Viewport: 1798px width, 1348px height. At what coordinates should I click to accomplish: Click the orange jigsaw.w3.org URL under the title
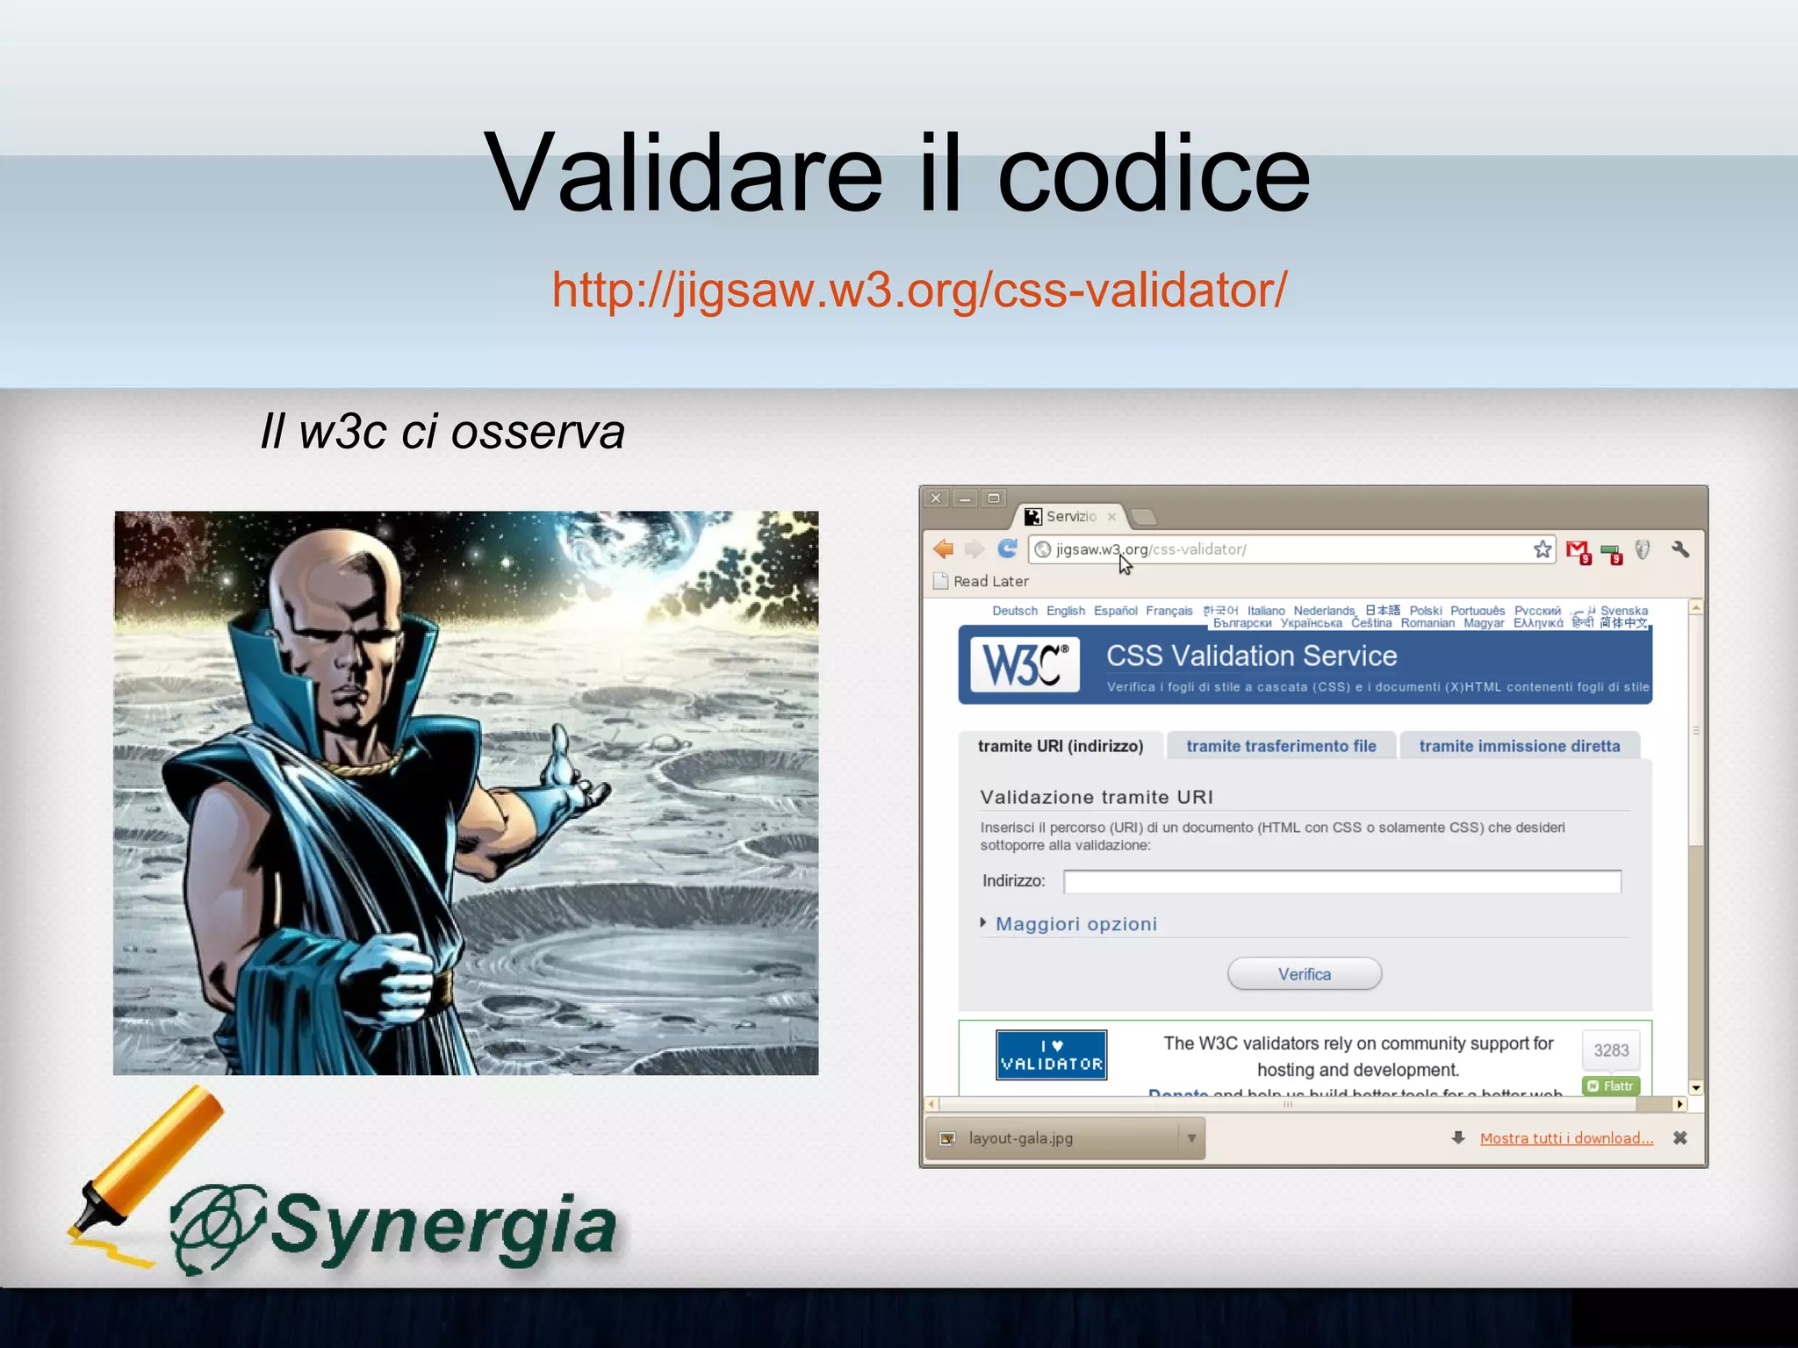click(919, 290)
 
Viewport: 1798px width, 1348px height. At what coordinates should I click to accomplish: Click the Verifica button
click(1304, 974)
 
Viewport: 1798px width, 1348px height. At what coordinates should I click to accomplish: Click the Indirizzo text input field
click(1341, 881)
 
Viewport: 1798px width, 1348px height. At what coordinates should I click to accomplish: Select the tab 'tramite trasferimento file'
click(1281, 746)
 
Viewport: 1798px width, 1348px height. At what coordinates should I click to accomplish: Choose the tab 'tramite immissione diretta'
click(1519, 746)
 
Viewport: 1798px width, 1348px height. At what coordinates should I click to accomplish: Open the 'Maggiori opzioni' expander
click(1075, 924)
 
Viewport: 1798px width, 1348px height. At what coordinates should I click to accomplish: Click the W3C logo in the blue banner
click(1025, 664)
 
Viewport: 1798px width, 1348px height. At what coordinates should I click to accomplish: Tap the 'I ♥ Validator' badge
click(1051, 1055)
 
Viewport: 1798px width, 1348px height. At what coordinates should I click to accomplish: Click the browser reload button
click(1007, 549)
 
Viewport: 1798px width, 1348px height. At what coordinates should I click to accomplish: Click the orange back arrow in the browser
click(944, 549)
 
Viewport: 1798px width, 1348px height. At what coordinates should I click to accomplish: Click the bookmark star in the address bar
click(1542, 549)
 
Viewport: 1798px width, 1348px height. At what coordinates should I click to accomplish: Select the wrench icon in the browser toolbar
click(1679, 549)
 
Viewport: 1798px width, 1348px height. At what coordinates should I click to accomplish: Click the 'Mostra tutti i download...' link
click(1566, 1138)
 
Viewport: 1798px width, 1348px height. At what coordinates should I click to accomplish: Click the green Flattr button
click(1611, 1086)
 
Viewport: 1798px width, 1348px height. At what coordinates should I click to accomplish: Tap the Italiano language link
click(1265, 611)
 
